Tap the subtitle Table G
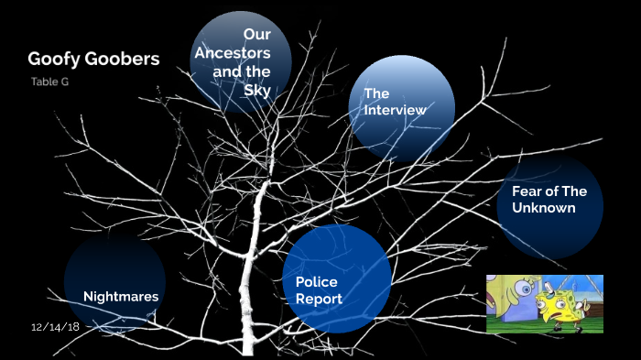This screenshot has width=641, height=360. pos(50,82)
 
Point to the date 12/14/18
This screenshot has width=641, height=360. pos(55,326)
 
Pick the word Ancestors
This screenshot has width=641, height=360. pos(233,53)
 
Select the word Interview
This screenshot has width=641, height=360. pos(395,110)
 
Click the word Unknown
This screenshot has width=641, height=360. pos(544,208)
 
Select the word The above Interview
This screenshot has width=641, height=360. pos(376,93)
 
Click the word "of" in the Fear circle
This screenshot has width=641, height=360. pos(553,191)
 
